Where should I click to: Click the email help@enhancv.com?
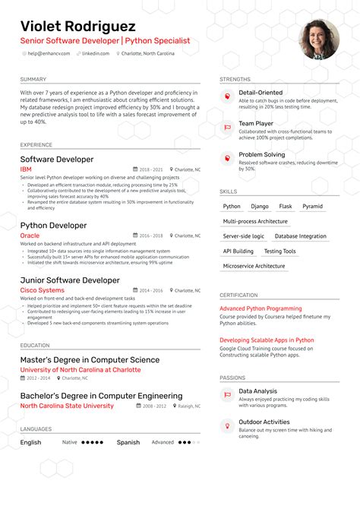(x=49, y=53)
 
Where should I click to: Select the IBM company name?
(x=26, y=169)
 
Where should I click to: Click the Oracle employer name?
(x=30, y=236)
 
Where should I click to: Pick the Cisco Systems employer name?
(x=42, y=290)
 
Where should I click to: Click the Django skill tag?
(x=260, y=206)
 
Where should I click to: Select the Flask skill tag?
(x=286, y=206)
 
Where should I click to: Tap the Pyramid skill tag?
(x=312, y=206)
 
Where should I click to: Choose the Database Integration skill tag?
(x=301, y=236)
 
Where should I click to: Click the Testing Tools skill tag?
(x=279, y=251)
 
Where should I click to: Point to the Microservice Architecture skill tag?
(x=255, y=267)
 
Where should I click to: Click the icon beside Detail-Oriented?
(x=226, y=96)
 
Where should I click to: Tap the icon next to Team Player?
(x=226, y=127)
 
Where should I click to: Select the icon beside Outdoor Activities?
(x=226, y=426)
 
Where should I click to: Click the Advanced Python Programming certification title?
(x=261, y=308)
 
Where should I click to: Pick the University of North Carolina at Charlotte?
(x=81, y=370)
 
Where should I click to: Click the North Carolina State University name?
(x=67, y=406)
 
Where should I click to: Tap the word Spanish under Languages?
(x=128, y=442)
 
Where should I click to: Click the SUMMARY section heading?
(x=33, y=79)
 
